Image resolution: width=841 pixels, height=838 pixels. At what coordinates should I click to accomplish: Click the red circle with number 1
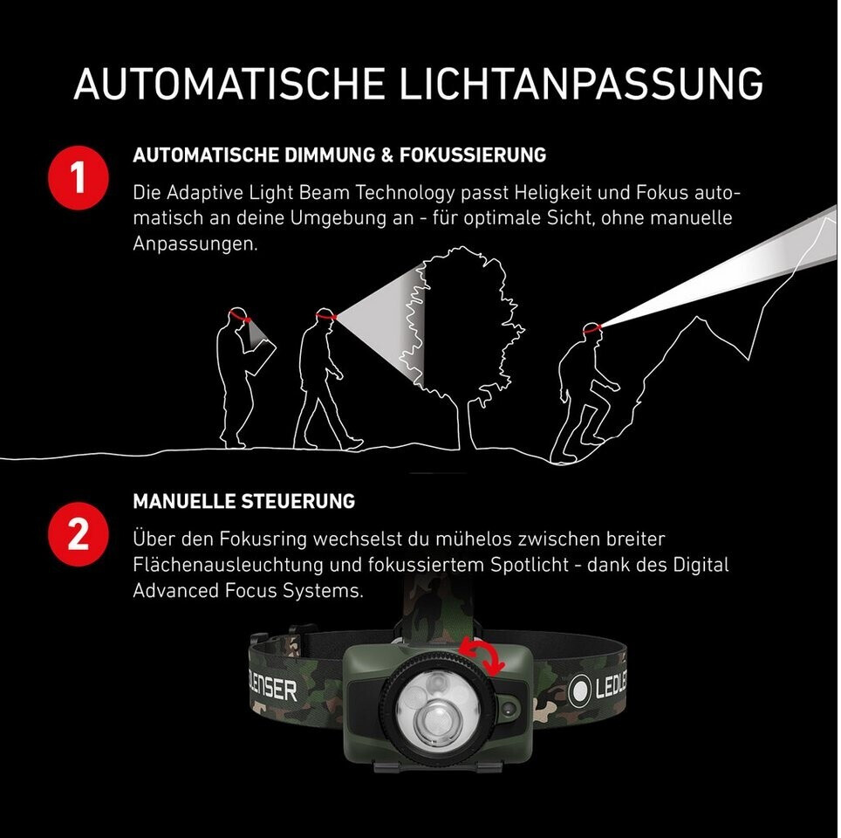79,178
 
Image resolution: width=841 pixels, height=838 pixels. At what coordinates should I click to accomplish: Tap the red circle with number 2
79,533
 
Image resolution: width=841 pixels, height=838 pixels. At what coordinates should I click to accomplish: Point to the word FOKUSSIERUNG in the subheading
473,155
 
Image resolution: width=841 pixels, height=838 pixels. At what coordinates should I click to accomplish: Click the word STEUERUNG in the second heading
297,501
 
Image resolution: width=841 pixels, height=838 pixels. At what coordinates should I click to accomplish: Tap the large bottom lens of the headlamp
439,721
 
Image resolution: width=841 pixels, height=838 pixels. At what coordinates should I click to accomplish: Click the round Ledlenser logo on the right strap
580,690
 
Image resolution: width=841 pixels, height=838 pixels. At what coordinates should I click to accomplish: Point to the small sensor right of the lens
509,709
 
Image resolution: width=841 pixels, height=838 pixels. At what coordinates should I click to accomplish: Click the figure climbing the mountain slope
586,392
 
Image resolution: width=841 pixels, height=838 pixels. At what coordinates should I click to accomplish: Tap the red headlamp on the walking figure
326,315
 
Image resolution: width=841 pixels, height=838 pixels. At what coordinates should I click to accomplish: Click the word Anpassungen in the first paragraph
195,244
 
